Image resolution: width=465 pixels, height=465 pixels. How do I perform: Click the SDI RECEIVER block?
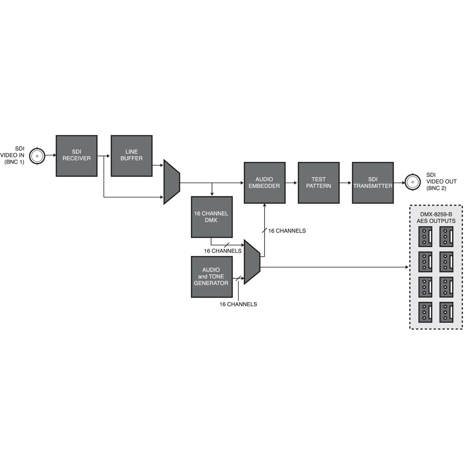coord(76,156)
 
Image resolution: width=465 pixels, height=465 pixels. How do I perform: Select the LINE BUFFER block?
coord(132,156)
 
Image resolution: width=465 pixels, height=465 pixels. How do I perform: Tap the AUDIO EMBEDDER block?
coord(264,183)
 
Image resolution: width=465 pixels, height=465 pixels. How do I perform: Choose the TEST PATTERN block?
coord(319,183)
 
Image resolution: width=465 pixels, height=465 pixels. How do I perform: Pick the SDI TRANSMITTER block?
coord(373,183)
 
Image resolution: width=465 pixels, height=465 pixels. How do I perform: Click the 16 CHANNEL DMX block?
coord(212,217)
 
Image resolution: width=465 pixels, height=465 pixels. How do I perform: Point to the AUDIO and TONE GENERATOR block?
coord(212,277)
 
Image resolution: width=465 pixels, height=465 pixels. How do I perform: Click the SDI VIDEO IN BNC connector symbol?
coord(37,156)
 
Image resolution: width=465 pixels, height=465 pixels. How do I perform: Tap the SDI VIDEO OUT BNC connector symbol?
coord(413,182)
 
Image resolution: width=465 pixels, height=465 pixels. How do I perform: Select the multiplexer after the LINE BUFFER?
coord(171,182)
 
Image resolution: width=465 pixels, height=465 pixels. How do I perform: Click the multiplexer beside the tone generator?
coord(252,262)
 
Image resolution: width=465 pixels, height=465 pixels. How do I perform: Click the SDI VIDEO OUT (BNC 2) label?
coord(441,182)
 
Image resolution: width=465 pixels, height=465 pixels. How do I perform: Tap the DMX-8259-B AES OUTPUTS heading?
coord(436,218)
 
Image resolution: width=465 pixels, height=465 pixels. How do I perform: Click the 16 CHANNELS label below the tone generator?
coord(238,304)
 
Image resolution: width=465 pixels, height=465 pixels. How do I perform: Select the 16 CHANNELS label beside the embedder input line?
coord(287,231)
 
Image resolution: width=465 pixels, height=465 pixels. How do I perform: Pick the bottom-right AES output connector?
coord(446,312)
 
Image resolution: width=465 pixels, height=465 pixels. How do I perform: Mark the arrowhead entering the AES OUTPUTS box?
coord(407,267)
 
